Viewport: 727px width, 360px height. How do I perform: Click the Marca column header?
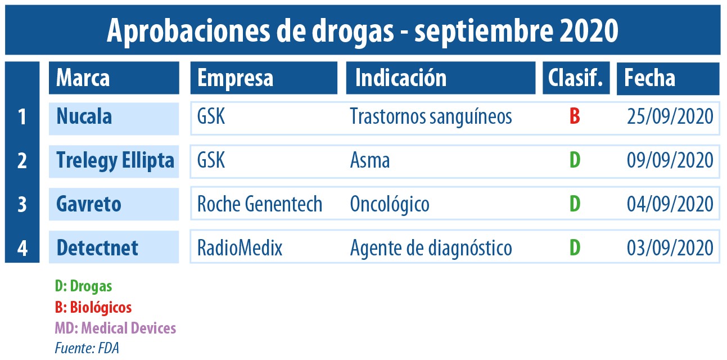[114, 78]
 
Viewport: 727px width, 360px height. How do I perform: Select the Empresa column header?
[264, 78]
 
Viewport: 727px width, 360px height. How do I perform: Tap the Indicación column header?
[441, 78]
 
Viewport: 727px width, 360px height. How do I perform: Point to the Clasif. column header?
[576, 78]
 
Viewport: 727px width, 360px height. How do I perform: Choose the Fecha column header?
[668, 78]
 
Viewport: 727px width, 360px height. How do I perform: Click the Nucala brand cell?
[114, 119]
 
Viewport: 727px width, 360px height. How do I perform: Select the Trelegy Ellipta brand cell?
[114, 161]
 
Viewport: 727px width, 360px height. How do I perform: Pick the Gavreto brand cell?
[114, 204]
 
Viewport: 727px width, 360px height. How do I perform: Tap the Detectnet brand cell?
[114, 247]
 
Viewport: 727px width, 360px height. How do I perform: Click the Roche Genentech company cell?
[260, 204]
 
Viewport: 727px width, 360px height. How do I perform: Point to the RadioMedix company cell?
[240, 248]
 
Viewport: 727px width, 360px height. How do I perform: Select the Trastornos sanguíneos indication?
[431, 116]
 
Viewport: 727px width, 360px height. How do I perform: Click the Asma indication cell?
[370, 161]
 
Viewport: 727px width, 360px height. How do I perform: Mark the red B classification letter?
[575, 116]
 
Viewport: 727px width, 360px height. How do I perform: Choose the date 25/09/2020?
[670, 116]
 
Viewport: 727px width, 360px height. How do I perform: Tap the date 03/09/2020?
[670, 248]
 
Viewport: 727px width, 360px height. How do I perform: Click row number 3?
[22, 205]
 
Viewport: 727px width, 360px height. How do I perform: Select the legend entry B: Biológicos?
[93, 308]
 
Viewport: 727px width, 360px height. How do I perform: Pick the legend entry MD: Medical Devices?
[115, 328]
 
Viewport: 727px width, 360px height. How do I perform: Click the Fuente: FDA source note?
[87, 348]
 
